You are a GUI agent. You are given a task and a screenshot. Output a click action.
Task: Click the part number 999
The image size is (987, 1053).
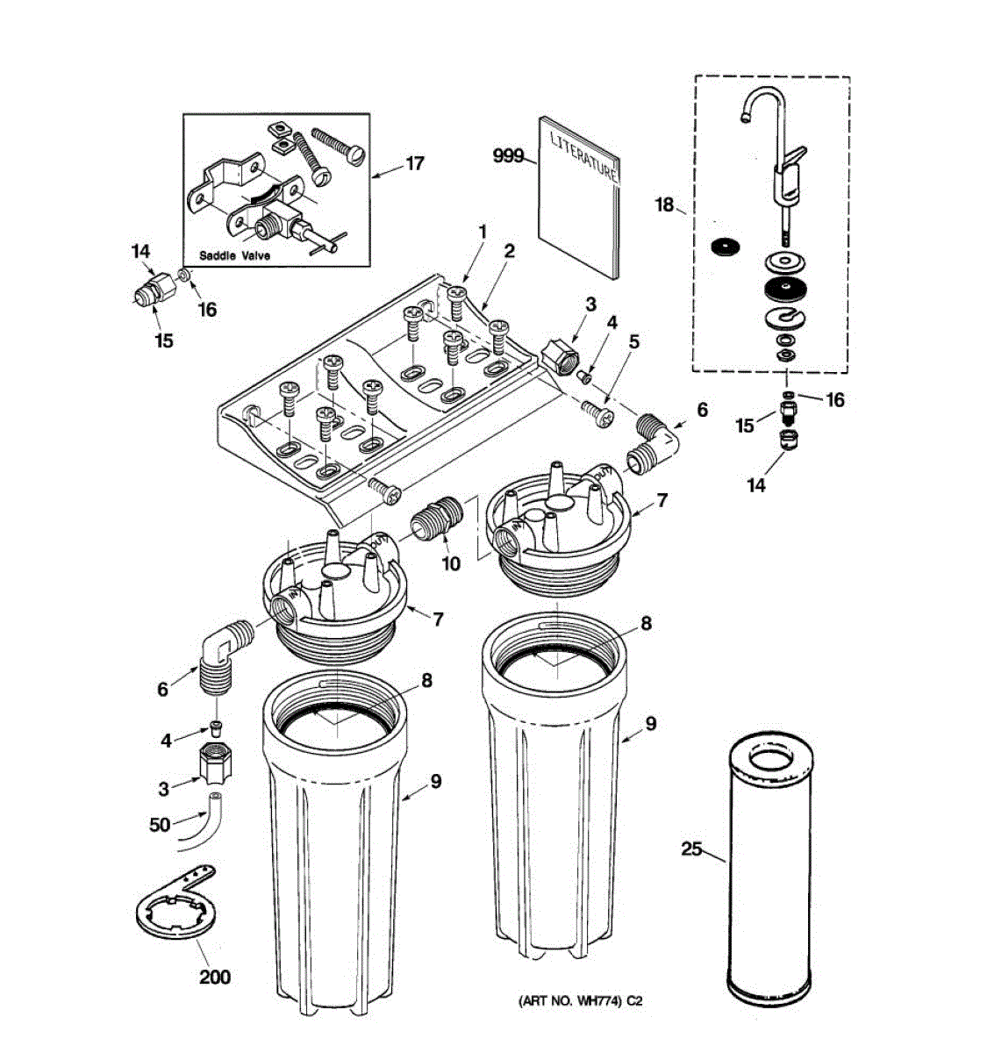507,156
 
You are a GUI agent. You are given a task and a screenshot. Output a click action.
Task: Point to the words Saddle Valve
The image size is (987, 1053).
234,256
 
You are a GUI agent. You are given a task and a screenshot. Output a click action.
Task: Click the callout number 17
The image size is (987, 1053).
413,164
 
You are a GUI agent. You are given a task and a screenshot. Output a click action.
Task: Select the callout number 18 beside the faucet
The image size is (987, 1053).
664,204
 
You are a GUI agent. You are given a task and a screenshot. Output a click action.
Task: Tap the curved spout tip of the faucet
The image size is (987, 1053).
743,117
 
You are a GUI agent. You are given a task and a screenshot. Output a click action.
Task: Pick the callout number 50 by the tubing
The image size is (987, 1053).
160,825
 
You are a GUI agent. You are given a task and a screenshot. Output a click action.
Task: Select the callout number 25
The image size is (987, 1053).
691,849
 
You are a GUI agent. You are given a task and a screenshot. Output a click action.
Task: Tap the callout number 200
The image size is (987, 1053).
215,976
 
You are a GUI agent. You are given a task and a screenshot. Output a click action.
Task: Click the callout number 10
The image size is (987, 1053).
451,563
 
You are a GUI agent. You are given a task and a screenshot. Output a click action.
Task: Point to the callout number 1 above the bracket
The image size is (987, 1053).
482,231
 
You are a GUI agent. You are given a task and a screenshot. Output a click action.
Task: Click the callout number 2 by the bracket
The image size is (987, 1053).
509,252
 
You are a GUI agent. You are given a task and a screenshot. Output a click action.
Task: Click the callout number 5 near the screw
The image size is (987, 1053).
634,339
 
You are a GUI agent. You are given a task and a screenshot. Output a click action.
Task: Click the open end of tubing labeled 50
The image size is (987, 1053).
216,798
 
